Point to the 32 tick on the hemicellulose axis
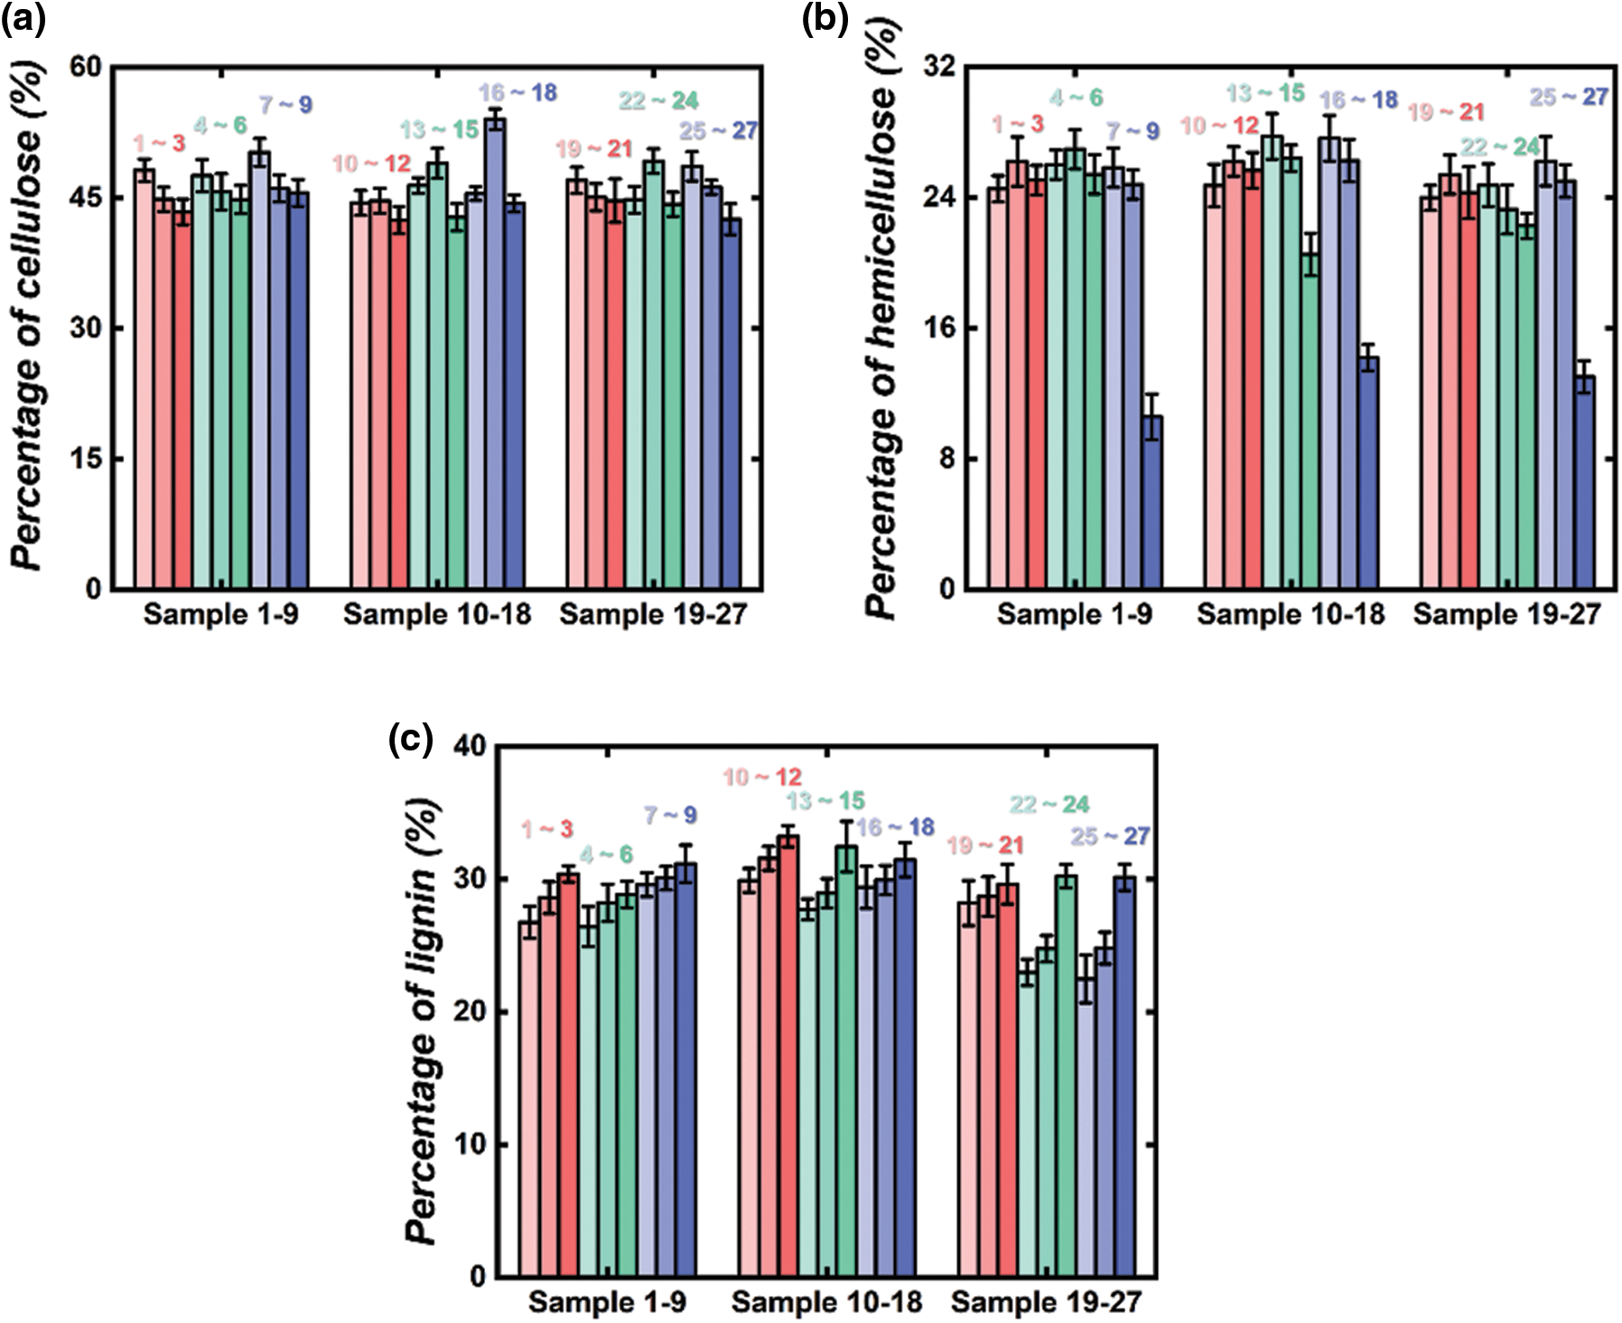[940, 67]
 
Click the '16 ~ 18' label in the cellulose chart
[517, 93]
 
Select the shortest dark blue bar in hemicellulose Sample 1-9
[1151, 502]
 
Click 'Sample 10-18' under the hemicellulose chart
[1291, 615]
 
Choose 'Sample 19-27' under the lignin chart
[1046, 1302]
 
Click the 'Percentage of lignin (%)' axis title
[422, 1020]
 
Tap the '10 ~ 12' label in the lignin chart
[762, 777]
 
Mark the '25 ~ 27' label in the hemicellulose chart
[1569, 97]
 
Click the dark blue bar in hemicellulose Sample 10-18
[1368, 472]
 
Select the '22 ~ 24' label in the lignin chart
[1049, 804]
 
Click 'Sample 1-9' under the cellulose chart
[220, 615]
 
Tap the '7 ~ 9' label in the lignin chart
[669, 815]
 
